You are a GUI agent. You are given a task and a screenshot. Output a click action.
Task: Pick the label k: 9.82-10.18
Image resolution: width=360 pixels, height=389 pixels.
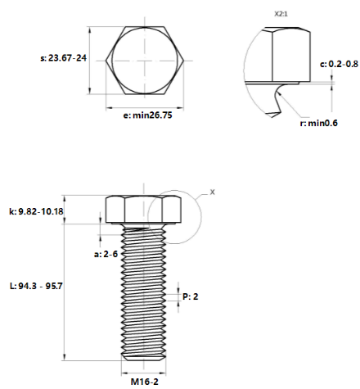tap(36, 212)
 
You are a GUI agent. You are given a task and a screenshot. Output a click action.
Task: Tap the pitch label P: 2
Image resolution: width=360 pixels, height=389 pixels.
tap(190, 296)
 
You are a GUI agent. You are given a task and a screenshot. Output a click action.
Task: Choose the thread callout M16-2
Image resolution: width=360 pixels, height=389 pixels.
tap(144, 381)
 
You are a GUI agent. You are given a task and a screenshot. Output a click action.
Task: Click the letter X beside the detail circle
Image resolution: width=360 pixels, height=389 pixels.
tap(213, 192)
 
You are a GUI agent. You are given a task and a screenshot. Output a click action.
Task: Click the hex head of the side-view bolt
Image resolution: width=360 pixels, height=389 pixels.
tap(144, 210)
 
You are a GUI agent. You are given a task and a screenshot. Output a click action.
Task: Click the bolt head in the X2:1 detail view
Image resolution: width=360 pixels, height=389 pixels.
tap(286, 56)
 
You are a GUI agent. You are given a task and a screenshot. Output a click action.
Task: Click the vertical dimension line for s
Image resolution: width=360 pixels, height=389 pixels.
tap(92, 59)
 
